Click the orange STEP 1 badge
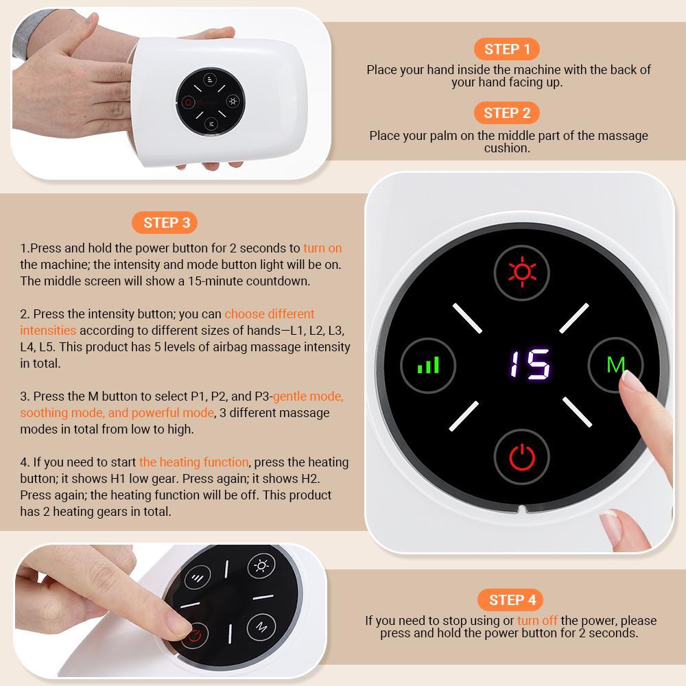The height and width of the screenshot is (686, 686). pos(507,49)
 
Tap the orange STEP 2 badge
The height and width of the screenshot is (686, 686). pos(507,113)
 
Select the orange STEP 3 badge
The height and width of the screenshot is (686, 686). pos(167,222)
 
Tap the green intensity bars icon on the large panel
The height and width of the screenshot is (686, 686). pos(429,364)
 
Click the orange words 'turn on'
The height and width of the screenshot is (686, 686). pos(322,248)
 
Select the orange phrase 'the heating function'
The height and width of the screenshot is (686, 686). pos(193,462)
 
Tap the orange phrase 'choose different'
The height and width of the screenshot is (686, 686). pos(270,314)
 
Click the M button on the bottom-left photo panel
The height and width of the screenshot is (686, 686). pos(261,626)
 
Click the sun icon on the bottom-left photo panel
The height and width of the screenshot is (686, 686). pos(261,566)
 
